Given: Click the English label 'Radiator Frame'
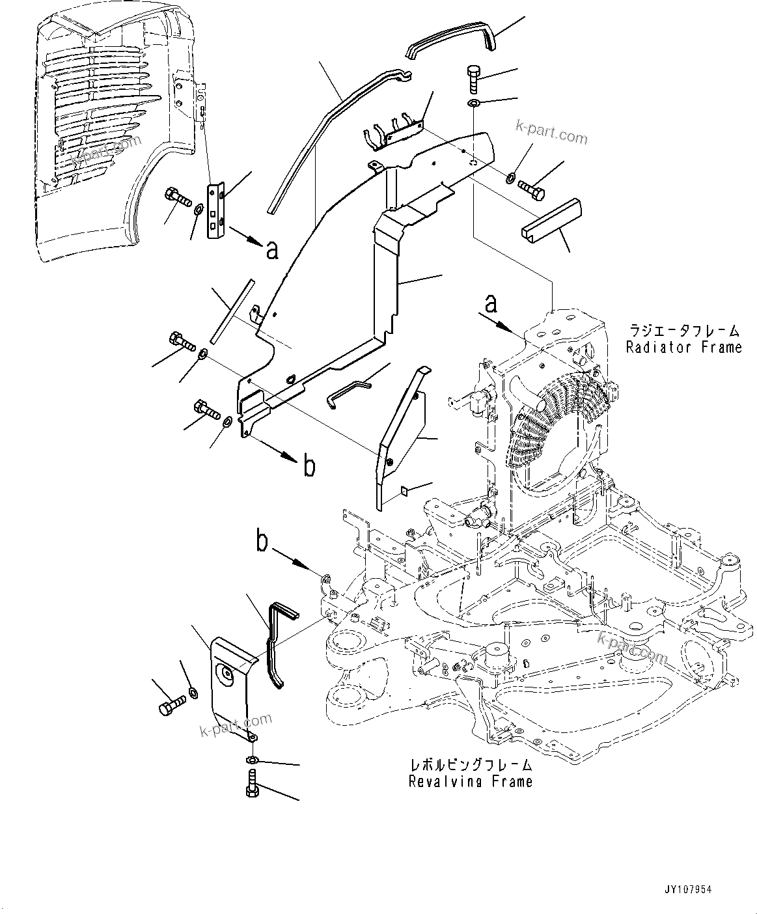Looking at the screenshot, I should [x=683, y=347].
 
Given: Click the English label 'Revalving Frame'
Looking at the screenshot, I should [x=470, y=781].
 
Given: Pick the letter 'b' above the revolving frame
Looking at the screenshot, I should [x=262, y=542].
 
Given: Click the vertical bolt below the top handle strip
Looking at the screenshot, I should [x=473, y=79].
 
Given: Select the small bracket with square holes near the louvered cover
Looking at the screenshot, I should [x=215, y=210].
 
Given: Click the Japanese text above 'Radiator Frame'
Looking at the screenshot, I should [x=683, y=330].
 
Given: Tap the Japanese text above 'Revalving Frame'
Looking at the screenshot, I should [x=470, y=765].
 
